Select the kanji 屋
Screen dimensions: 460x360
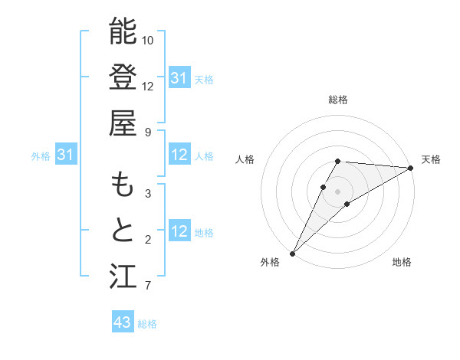tap(123, 123)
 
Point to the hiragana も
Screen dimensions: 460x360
tap(123, 186)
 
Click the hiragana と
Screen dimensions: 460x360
tap(123, 231)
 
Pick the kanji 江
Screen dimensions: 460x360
tap(123, 277)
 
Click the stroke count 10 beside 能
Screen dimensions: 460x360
tap(149, 40)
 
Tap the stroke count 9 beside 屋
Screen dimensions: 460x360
tap(148, 132)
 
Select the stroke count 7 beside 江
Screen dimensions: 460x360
tap(148, 286)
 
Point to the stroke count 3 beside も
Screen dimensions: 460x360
tap(148, 194)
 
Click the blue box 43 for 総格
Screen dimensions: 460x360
tap(123, 322)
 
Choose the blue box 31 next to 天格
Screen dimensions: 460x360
tap(179, 78)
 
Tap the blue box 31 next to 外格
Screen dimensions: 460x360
tap(66, 155)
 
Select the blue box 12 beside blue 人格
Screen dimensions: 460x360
tap(179, 155)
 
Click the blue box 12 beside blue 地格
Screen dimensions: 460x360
tap(179, 232)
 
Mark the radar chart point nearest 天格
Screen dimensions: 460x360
tap(411, 168)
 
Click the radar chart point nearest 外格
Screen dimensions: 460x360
tap(292, 253)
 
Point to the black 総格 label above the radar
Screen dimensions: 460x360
tap(338, 100)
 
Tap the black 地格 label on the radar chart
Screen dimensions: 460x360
tap(402, 262)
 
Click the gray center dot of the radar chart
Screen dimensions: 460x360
tap(338, 191)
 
